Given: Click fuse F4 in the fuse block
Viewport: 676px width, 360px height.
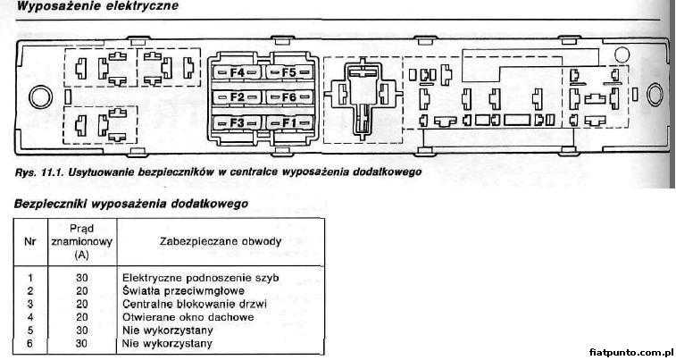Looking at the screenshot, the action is point(237,72).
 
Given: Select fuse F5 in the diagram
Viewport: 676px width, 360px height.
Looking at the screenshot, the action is point(289,72).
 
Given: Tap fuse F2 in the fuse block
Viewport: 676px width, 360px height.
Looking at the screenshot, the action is point(237,97).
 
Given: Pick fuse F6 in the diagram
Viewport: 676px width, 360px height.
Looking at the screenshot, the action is point(289,97).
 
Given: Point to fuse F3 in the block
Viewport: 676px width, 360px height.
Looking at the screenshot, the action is point(237,123).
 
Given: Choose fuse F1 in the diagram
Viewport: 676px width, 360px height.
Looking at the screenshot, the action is point(289,123).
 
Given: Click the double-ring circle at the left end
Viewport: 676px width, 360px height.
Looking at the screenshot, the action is point(40,97).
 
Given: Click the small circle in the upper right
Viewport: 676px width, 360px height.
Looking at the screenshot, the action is point(622,54).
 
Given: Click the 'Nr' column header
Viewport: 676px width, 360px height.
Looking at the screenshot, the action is point(29,241).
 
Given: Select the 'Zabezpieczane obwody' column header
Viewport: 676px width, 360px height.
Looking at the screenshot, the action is point(221,241).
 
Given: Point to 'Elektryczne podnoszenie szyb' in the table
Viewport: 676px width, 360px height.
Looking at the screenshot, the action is point(200,278).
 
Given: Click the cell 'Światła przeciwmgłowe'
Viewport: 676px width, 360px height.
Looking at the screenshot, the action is point(183,290).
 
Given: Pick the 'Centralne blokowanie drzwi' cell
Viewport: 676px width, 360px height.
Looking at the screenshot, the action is point(195,304).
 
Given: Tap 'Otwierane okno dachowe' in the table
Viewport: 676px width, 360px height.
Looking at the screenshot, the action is point(188,317).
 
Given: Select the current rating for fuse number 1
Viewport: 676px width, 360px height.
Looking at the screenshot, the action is point(82,278).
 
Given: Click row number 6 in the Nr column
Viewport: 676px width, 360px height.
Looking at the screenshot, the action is point(30,344).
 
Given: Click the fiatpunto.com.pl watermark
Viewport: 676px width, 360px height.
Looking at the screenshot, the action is point(630,352).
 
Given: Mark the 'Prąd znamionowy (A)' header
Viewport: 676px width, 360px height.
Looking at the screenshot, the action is point(82,241).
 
